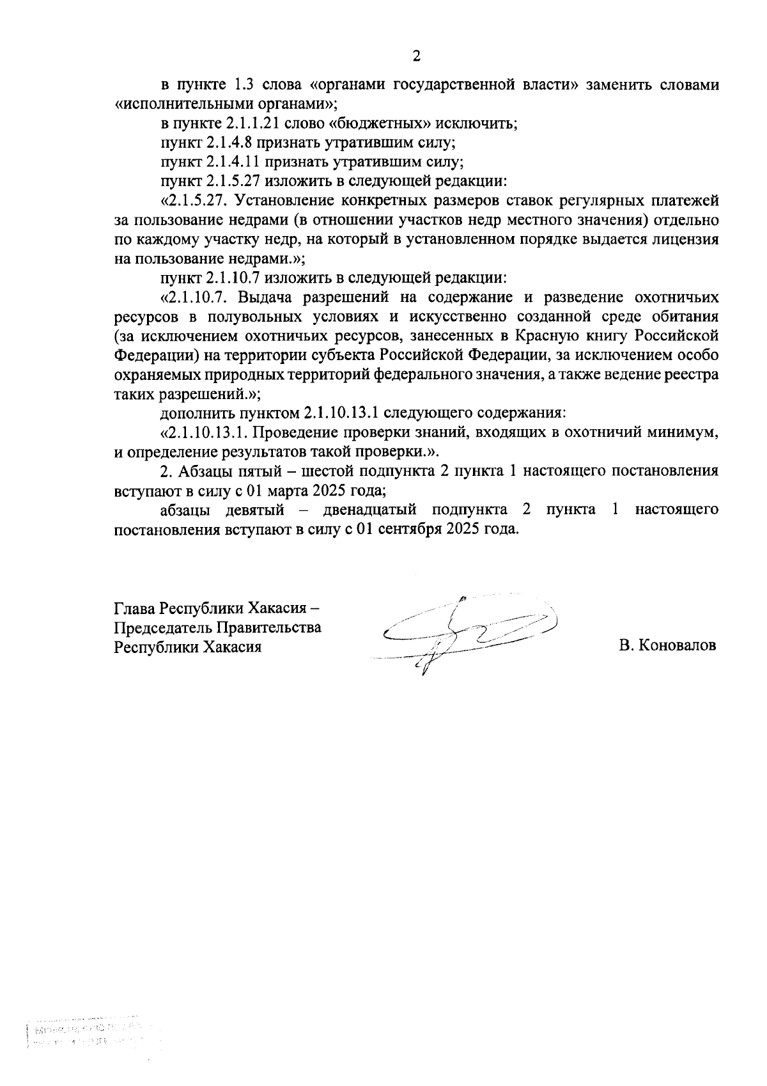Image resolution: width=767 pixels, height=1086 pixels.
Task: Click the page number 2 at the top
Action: tap(417, 57)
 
